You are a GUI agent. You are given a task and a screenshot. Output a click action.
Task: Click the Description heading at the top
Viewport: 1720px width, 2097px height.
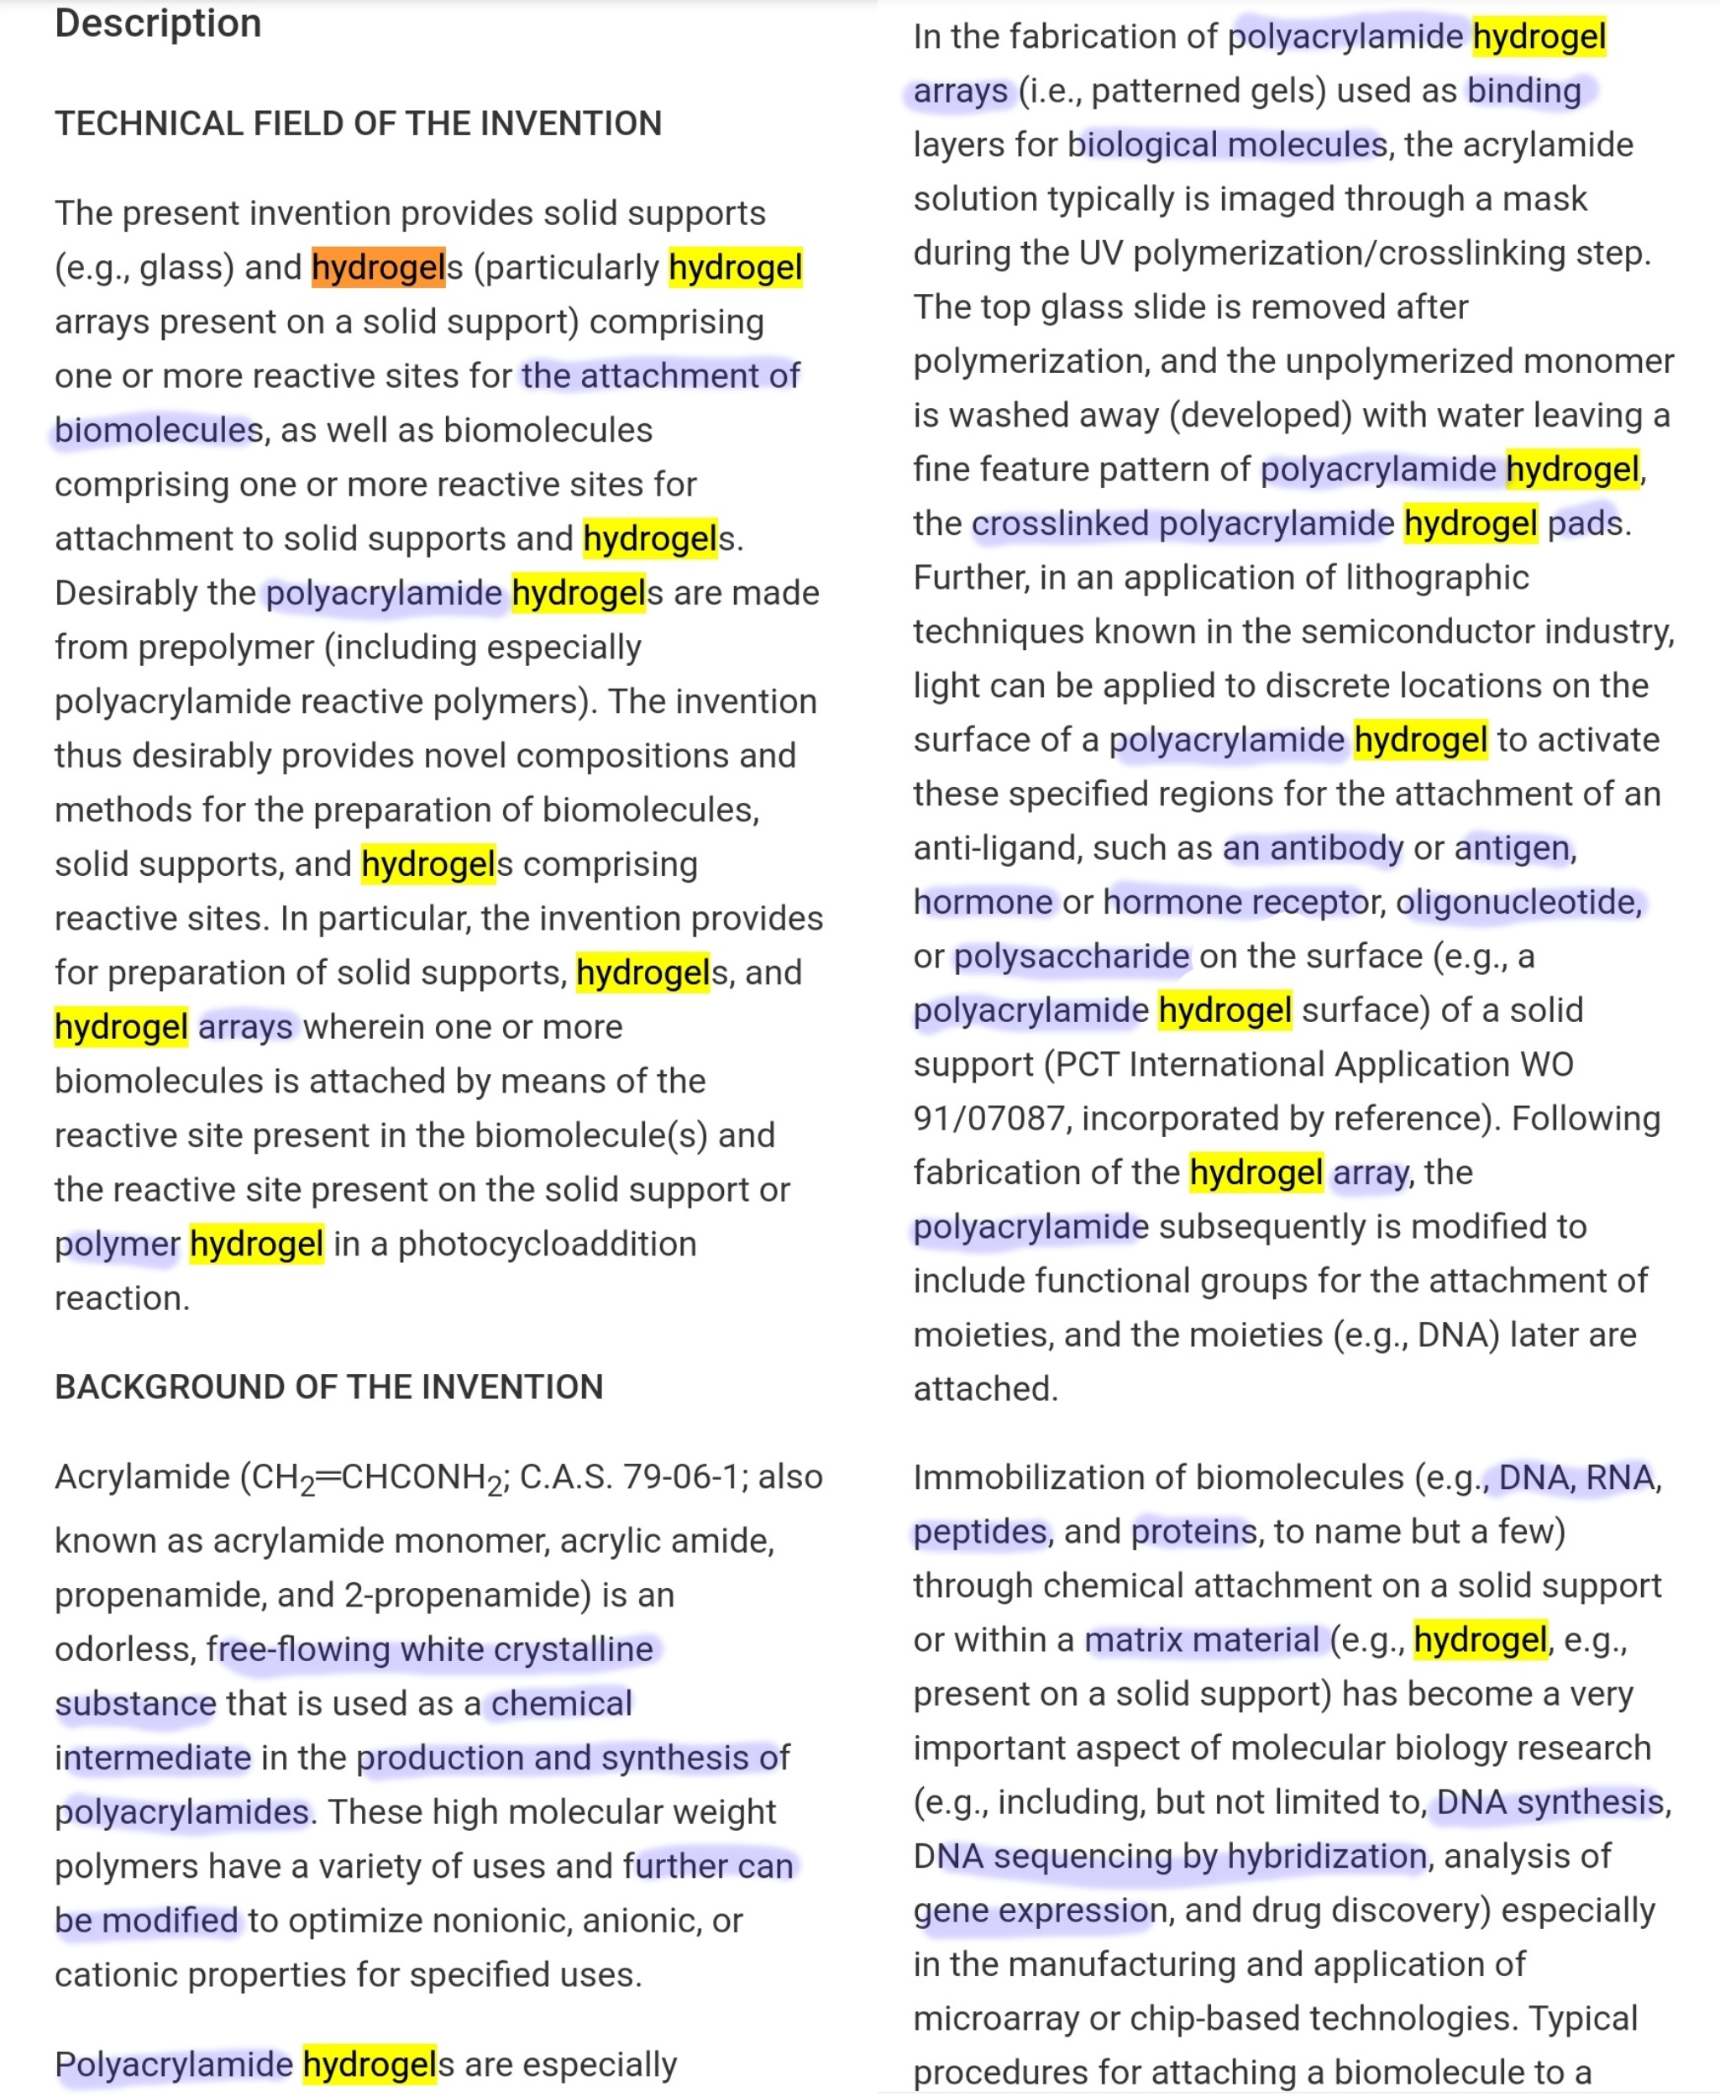tap(158, 23)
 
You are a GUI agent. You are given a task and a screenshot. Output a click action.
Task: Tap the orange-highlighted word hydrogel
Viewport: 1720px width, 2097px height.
tap(377, 267)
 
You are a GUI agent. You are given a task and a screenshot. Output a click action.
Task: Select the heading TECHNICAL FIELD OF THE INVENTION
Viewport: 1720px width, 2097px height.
tap(358, 123)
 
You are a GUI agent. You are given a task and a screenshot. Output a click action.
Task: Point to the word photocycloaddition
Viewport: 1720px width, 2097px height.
tap(547, 1244)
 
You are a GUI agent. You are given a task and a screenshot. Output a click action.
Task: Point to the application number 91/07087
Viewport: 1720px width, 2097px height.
tap(988, 1119)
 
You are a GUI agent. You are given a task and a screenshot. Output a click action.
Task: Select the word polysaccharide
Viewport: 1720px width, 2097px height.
tap(1071, 956)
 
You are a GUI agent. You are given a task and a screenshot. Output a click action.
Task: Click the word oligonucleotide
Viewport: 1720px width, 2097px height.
tap(1517, 903)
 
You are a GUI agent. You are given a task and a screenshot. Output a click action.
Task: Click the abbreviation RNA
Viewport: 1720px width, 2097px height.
tap(1619, 1478)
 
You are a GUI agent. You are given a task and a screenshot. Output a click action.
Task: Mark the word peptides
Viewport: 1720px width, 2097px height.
tap(979, 1533)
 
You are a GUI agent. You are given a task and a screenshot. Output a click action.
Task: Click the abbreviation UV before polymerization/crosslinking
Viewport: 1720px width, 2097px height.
tap(1101, 253)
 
